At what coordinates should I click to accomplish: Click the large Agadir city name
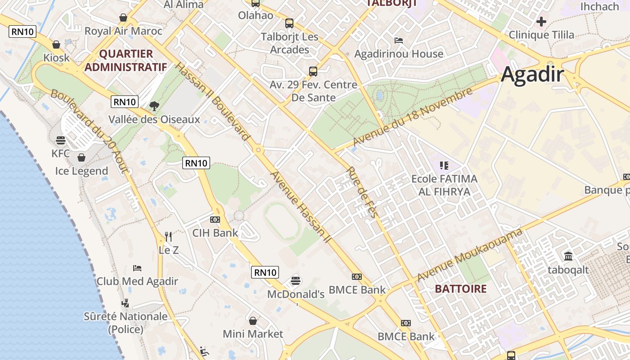532,74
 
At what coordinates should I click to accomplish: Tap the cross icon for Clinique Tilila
541,21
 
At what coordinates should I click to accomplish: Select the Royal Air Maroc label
123,31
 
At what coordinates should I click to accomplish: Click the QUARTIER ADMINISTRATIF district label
126,60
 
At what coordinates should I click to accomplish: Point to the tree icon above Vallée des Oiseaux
154,106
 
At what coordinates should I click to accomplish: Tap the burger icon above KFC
61,140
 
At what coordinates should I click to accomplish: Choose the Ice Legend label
81,171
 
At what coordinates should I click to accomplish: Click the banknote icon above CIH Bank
215,220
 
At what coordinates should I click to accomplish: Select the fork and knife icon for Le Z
168,236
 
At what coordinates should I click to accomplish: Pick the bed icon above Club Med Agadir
137,268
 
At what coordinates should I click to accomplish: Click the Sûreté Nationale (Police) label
126,323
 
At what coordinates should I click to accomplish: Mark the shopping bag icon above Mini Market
253,321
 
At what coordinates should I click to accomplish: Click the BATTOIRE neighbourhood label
461,289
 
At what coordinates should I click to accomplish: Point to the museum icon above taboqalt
568,256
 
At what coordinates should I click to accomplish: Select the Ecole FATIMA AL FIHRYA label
444,185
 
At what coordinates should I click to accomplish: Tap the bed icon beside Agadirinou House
398,40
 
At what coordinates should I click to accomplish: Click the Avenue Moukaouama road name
470,255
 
